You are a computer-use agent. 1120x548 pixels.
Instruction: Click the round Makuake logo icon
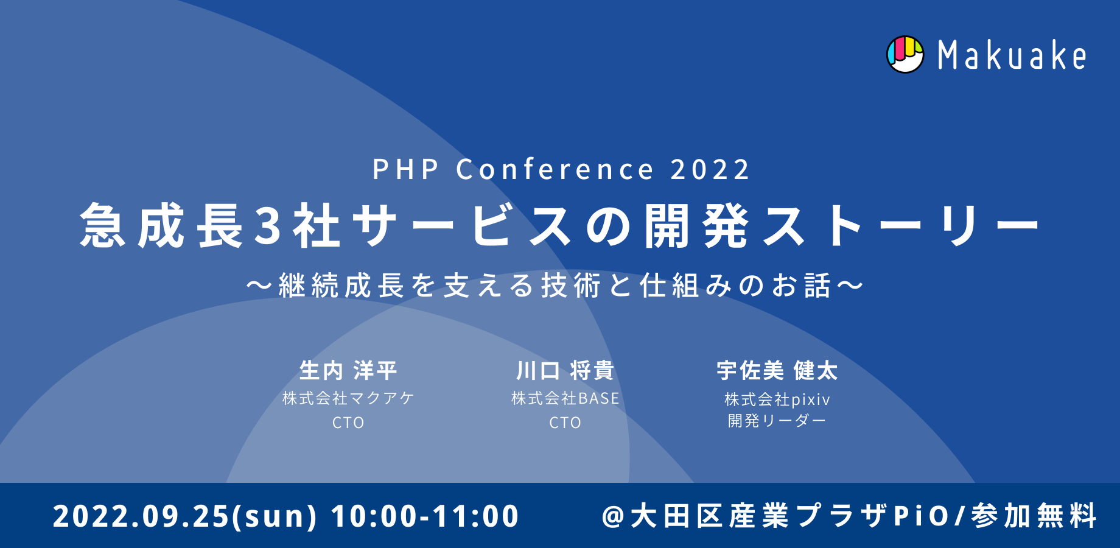tap(905, 55)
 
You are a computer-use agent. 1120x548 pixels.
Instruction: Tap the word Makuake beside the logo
tap(1012, 55)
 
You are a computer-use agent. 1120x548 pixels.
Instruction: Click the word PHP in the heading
tap(405, 169)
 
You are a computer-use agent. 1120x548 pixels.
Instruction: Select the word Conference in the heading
tap(555, 169)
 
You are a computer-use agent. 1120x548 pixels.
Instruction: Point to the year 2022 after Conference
tap(710, 169)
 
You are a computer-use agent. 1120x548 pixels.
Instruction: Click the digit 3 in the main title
tap(268, 226)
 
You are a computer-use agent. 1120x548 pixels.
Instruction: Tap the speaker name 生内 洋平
tap(348, 370)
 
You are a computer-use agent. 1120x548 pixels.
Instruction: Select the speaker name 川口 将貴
tap(565, 370)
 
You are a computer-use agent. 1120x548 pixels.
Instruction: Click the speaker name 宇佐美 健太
tap(777, 370)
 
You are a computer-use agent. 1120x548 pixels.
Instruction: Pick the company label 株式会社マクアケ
tap(348, 398)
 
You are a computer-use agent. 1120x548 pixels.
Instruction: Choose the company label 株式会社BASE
tap(565, 398)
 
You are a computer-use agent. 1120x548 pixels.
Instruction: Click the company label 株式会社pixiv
tap(777, 399)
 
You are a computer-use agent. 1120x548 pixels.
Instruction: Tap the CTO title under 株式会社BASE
tap(565, 423)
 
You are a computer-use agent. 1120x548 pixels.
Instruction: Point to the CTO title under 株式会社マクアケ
tap(348, 423)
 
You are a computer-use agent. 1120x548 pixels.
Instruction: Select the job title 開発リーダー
tap(777, 421)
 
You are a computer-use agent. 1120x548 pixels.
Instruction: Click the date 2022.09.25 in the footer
tap(141, 516)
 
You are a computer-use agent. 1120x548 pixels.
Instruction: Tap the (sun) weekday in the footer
tap(281, 516)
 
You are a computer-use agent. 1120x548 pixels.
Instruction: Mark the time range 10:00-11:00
tap(425, 516)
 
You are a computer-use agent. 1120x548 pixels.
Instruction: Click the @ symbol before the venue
tap(614, 516)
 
